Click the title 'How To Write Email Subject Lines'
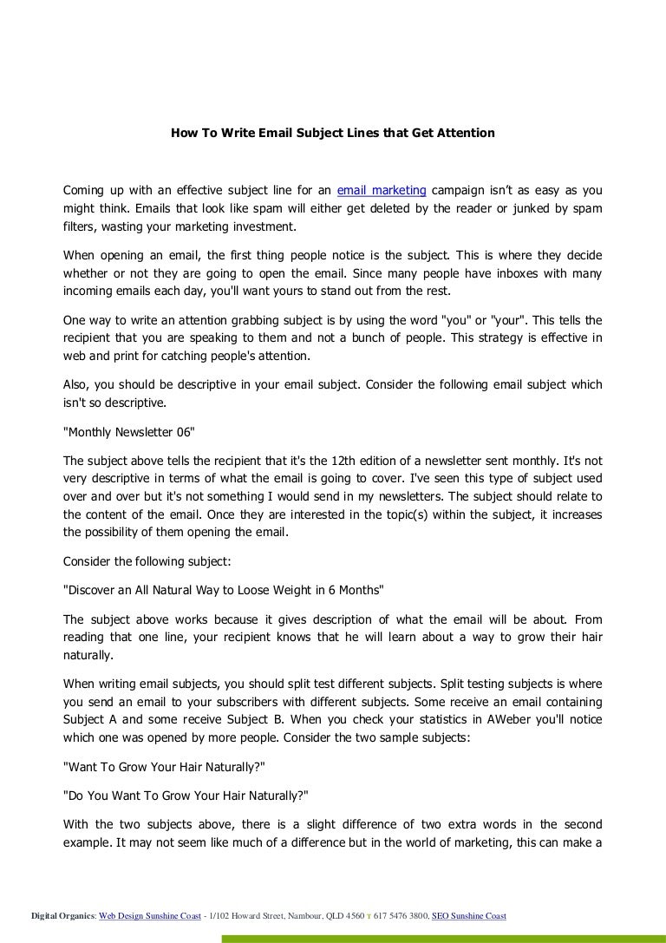pyautogui.click(x=332, y=133)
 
